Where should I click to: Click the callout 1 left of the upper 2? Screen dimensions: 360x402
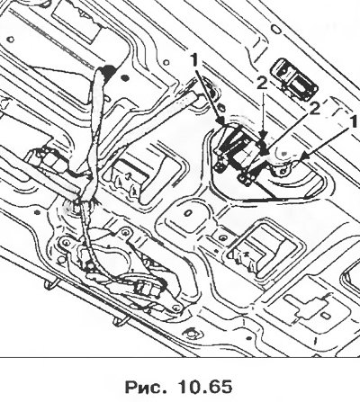(x=194, y=61)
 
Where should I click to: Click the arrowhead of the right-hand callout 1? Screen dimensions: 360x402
(x=304, y=156)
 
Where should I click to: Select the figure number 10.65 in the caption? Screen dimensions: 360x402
(x=205, y=387)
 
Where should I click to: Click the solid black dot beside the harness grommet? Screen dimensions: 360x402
(x=124, y=79)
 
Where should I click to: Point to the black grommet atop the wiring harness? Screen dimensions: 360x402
(x=107, y=72)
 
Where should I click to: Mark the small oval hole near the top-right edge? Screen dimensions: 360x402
(x=275, y=29)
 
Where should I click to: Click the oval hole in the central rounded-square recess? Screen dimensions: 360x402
(x=188, y=213)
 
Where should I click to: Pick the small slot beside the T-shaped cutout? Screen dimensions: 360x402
(x=324, y=317)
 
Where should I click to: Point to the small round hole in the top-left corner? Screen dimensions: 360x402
(x=11, y=40)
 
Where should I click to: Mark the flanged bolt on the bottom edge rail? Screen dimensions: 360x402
(x=190, y=333)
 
